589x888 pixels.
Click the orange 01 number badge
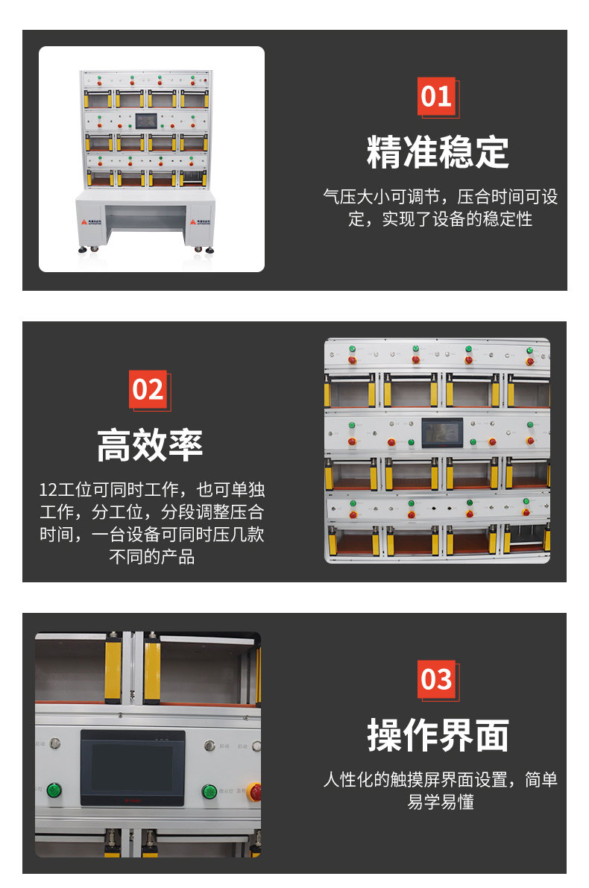(x=436, y=97)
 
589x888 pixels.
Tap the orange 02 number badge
(x=148, y=389)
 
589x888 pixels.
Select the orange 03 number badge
(x=436, y=679)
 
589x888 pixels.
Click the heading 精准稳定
(x=438, y=152)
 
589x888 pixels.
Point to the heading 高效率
(x=150, y=445)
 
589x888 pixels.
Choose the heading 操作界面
(x=438, y=735)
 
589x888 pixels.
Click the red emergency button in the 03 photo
(x=254, y=791)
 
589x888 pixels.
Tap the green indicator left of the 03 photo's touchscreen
(x=54, y=790)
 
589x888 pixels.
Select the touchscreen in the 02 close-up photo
(x=442, y=433)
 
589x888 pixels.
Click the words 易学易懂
(x=441, y=802)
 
